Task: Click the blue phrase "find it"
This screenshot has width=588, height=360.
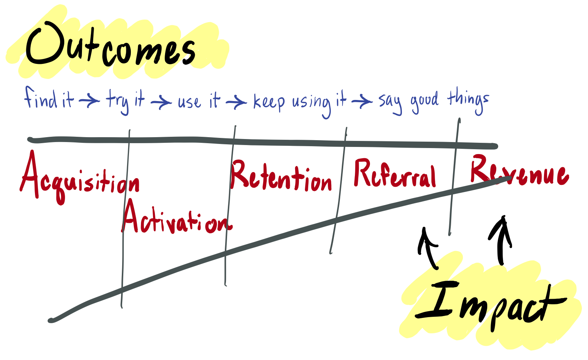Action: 49,98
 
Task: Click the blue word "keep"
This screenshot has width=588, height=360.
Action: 269,101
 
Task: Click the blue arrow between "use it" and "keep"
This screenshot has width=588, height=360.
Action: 236,101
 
